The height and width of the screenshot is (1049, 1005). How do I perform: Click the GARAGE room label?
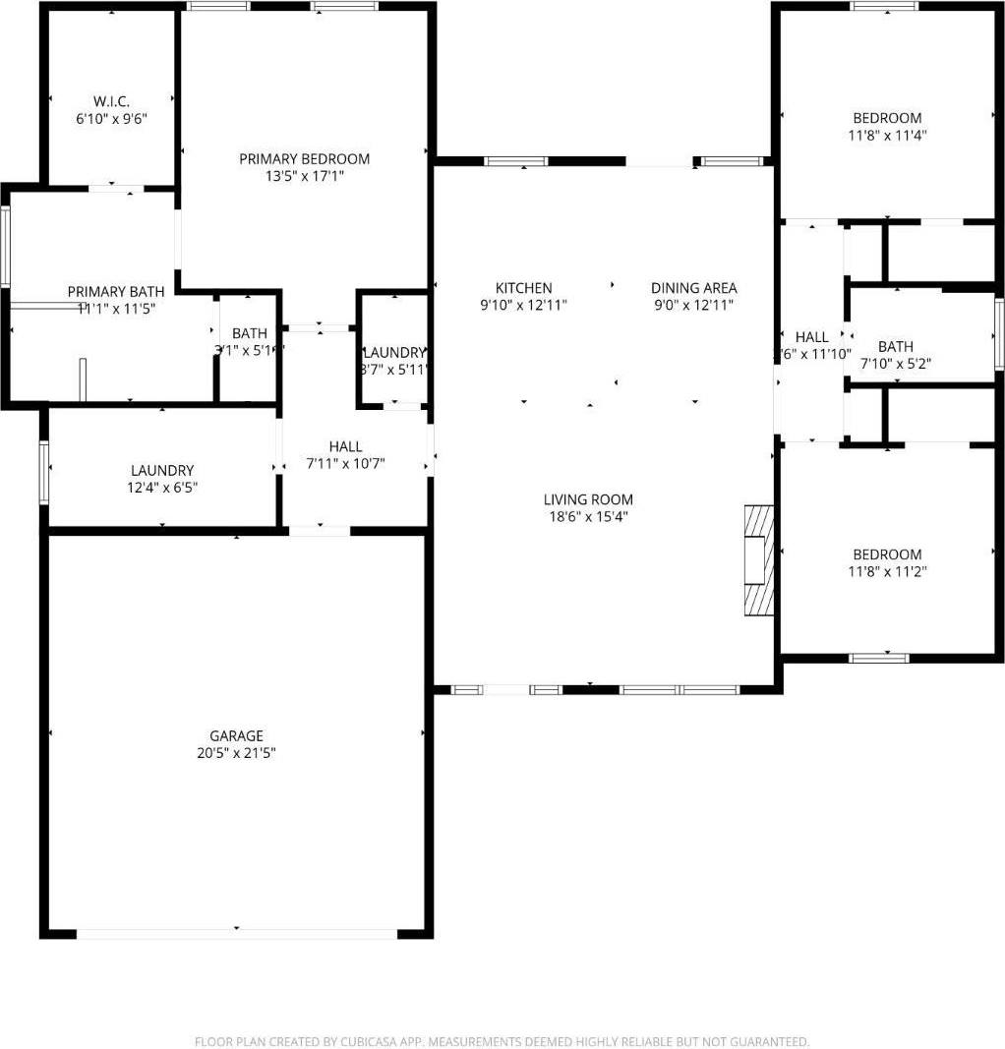[236, 735]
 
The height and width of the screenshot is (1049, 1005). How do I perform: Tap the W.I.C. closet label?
[111, 101]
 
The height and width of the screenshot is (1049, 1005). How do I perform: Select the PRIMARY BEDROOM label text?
[305, 159]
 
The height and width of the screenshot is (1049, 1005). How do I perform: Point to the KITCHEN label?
[523, 288]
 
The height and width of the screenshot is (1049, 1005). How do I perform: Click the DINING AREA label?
[693, 288]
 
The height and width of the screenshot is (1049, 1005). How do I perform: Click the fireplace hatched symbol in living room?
[758, 560]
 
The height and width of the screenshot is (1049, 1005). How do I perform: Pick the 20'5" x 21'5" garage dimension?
[236, 753]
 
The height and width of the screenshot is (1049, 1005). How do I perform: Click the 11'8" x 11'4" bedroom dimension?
[887, 136]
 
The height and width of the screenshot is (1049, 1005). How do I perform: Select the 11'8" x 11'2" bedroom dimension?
[887, 571]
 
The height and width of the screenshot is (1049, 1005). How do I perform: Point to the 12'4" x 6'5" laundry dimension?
[162, 488]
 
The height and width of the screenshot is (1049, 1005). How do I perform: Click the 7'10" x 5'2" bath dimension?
[895, 363]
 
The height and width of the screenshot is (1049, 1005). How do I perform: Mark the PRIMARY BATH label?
[116, 292]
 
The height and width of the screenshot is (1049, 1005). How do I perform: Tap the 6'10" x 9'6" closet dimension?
[111, 119]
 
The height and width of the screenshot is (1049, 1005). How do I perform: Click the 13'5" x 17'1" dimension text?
[305, 176]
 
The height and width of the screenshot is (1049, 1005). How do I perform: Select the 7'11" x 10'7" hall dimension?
[345, 463]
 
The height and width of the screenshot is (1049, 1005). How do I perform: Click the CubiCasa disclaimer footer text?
[502, 1041]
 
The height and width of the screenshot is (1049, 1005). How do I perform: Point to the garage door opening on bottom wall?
[236, 934]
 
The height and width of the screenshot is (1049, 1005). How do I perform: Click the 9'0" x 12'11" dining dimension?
[693, 305]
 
